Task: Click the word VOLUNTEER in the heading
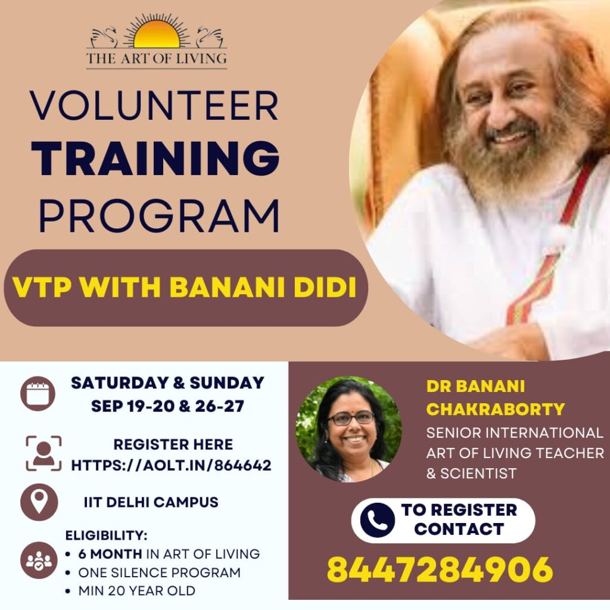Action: pyautogui.click(x=154, y=105)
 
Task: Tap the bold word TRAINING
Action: pyautogui.click(x=155, y=158)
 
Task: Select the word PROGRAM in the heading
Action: pyautogui.click(x=159, y=216)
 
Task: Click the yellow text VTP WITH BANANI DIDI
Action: pyautogui.click(x=185, y=288)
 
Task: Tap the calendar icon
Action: pyautogui.click(x=38, y=394)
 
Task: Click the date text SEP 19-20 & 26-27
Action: pyautogui.click(x=167, y=406)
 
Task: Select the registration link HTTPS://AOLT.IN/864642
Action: pyautogui.click(x=171, y=465)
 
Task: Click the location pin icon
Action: pyautogui.click(x=39, y=502)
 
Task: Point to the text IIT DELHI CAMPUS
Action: pyautogui.click(x=151, y=502)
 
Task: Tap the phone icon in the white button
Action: pyautogui.click(x=377, y=520)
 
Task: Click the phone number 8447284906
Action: pyautogui.click(x=440, y=569)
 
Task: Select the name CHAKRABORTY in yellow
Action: pyautogui.click(x=495, y=409)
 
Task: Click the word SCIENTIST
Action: pyautogui.click(x=478, y=474)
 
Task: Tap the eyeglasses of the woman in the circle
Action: pyautogui.click(x=350, y=418)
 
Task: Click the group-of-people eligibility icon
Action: pyautogui.click(x=39, y=560)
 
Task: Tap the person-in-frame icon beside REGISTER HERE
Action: pyautogui.click(x=43, y=453)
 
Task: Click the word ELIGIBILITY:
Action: pyautogui.click(x=106, y=536)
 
